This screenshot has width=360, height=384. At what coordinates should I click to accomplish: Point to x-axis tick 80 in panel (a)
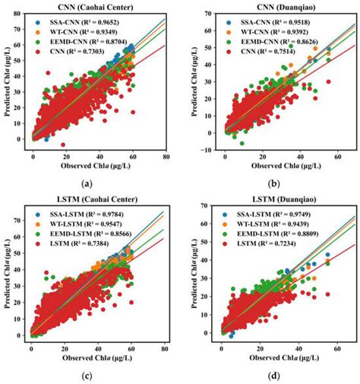[165, 156]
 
